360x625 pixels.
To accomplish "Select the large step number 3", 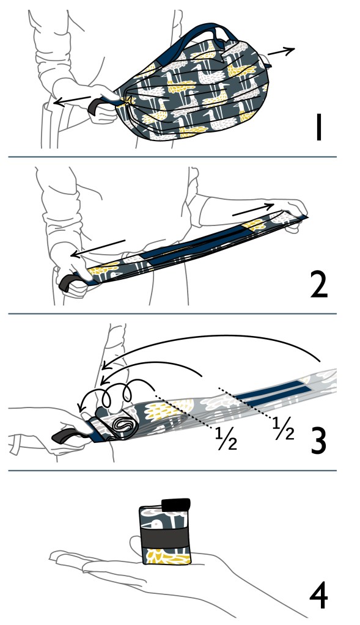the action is (318, 440).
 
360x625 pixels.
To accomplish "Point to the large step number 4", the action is (318, 597).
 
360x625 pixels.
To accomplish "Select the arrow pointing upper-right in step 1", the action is (281, 51).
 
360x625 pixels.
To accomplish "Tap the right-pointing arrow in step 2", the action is (253, 210).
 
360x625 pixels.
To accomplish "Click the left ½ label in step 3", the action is (226, 439).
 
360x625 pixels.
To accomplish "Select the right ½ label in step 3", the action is (284, 428).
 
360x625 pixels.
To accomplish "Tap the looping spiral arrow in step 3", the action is (116, 394).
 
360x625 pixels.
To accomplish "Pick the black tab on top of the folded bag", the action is (175, 505).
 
